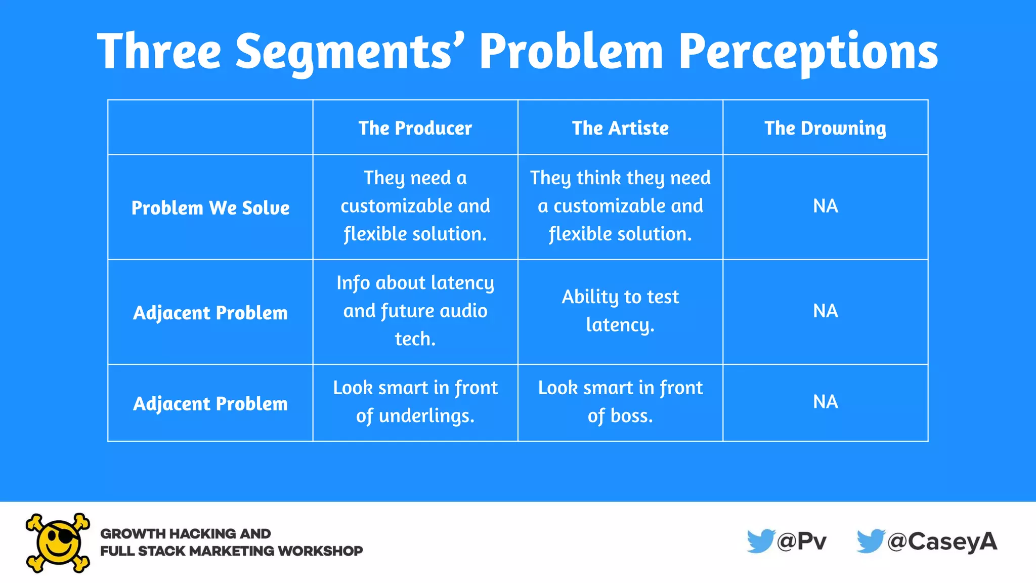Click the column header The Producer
[x=415, y=128]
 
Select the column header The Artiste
[x=620, y=128]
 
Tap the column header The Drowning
[x=825, y=128]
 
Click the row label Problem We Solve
[x=210, y=208]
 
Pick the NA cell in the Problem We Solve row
[x=825, y=206]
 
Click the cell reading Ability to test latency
[x=620, y=311]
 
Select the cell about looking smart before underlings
[x=415, y=402]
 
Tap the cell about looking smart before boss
[x=620, y=402]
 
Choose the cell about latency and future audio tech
[x=415, y=311]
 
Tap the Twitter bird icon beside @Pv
[x=760, y=541]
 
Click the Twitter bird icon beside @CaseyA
[x=870, y=541]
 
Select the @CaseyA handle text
[x=942, y=542]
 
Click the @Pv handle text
[x=802, y=542]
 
